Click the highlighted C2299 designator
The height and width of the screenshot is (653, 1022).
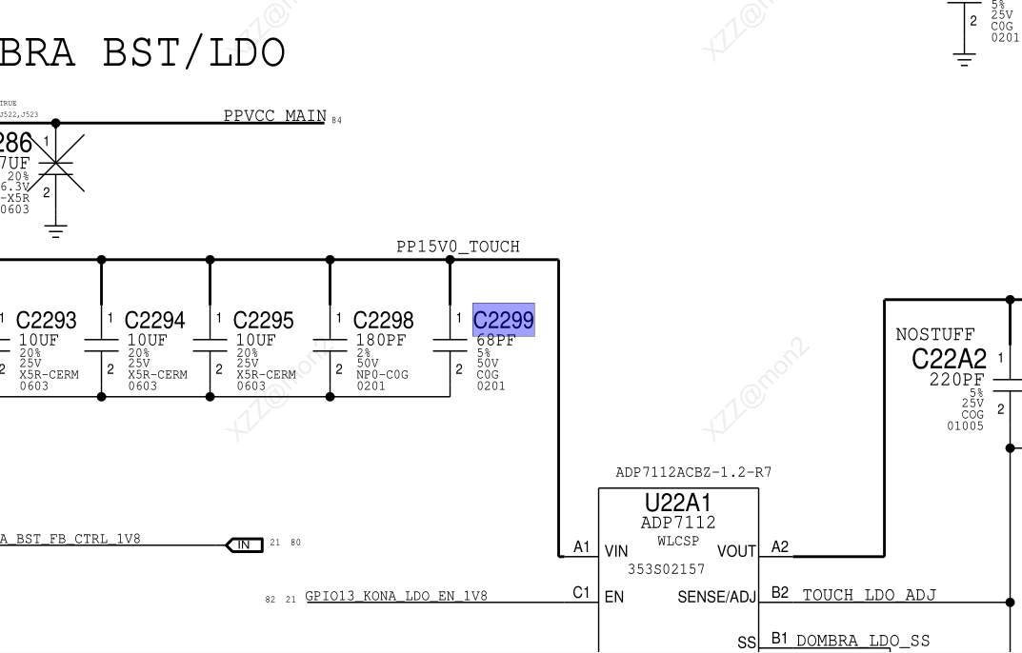point(503,320)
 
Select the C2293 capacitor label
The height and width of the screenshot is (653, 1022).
point(47,320)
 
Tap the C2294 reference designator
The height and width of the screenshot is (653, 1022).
point(154,320)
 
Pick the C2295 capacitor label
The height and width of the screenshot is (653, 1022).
point(263,320)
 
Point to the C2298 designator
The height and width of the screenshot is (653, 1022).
point(383,320)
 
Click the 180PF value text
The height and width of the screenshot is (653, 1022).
point(382,340)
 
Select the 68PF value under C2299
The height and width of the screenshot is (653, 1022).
point(495,340)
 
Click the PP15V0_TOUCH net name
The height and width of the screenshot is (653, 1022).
point(457,247)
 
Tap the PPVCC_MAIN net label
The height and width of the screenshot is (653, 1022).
point(274,116)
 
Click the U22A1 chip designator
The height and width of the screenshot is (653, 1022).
point(677,503)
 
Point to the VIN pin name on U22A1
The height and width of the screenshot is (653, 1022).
point(615,550)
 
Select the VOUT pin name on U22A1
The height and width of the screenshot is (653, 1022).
point(735,550)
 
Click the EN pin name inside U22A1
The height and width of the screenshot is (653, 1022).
point(613,598)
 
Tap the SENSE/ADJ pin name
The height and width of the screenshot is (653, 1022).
point(716,598)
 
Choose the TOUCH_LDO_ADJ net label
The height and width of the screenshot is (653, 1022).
point(869,595)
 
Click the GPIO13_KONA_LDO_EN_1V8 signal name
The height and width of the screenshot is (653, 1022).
point(396,596)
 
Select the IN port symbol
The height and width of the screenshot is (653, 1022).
point(243,544)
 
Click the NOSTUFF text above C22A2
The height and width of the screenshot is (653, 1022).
point(934,335)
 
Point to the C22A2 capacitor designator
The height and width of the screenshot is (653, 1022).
point(949,359)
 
